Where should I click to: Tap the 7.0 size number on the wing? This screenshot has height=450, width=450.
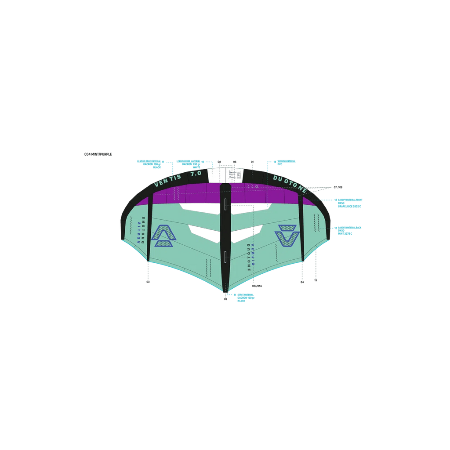pyautogui.click(x=196, y=174)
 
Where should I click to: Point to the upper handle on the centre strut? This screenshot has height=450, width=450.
pyautogui.click(x=225, y=203)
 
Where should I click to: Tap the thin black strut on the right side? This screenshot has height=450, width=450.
pyautogui.click(x=301, y=229)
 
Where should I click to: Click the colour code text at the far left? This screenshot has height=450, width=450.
pyautogui.click(x=98, y=154)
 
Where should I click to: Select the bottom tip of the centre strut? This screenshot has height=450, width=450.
pyautogui.click(x=225, y=291)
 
